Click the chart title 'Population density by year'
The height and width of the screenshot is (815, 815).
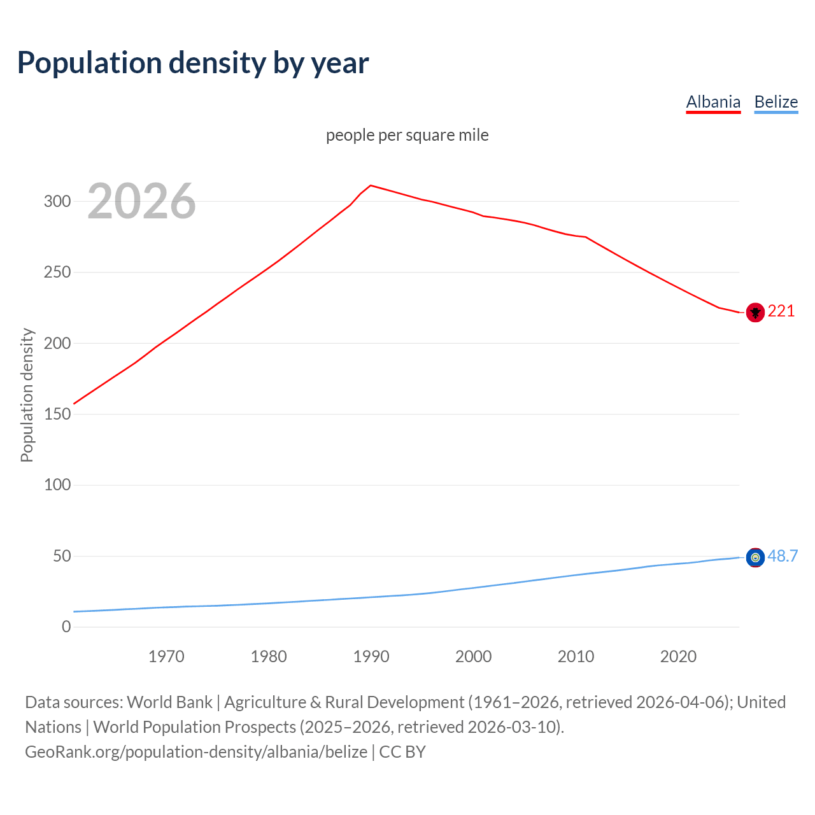coord(193,62)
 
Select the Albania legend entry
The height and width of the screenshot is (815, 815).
coord(713,102)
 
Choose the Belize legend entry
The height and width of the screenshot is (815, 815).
coord(776,102)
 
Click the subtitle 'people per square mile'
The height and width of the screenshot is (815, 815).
coord(407,135)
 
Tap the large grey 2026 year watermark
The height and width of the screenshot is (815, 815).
coord(141,201)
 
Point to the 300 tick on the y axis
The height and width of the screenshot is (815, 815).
coord(57,201)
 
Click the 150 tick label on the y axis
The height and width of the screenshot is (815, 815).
coord(57,414)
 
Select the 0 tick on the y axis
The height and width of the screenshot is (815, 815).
coord(66,627)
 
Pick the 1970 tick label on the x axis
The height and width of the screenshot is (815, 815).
coord(166,656)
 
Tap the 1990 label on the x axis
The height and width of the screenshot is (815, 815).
coord(371,656)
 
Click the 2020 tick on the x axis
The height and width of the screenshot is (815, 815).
coord(678,656)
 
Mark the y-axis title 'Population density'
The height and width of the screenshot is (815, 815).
coord(27,395)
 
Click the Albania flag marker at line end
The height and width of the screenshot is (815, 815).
coord(755,312)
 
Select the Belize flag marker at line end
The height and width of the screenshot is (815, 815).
coord(755,558)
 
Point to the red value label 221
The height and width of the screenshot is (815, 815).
coord(781,311)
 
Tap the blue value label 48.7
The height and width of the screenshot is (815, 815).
coord(783,556)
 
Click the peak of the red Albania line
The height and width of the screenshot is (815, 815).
coord(371,185)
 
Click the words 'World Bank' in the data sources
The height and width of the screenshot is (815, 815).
coord(169,702)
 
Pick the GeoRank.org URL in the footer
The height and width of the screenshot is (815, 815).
coord(196,751)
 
